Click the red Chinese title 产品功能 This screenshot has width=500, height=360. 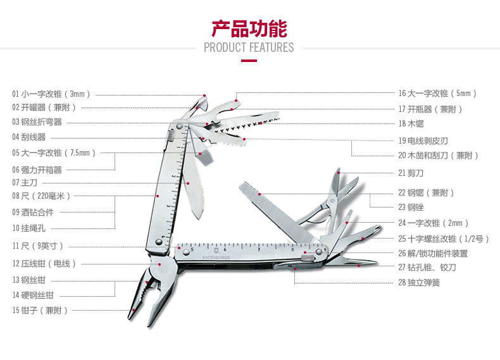click(249, 28)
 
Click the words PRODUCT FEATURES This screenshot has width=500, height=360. click(249, 47)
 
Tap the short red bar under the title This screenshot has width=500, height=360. click(249, 61)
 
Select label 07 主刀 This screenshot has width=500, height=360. click(25, 183)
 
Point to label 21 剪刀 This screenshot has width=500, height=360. click(411, 173)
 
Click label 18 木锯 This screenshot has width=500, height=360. click(411, 124)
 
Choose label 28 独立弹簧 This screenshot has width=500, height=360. click(419, 283)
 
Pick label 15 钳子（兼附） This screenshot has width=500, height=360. click(40, 310)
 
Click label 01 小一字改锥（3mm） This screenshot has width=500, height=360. click(51, 94)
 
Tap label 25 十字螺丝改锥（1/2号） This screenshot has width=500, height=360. click(444, 239)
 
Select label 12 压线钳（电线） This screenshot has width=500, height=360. click(44, 264)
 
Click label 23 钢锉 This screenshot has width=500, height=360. click(411, 208)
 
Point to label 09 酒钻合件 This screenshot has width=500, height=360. click(33, 213)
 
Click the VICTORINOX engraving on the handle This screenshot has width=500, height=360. click(216, 258)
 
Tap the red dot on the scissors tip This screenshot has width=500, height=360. click(339, 173)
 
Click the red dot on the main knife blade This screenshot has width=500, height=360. click(188, 183)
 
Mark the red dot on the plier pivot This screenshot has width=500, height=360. click(159, 264)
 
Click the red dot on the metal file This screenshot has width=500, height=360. click(259, 194)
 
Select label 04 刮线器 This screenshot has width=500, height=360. click(28, 137)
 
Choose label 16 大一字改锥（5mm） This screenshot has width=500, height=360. click(437, 94)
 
